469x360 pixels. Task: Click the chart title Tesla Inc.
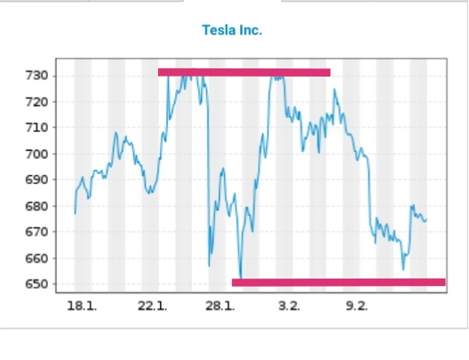click(232, 30)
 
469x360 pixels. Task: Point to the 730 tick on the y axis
click(37, 76)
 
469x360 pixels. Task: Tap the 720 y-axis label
click(37, 102)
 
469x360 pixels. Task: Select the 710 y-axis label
click(37, 128)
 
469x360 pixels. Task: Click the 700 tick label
click(37, 154)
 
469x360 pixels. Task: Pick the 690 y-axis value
click(37, 180)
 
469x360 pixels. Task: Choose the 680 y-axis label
click(37, 206)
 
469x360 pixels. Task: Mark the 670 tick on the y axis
click(37, 232)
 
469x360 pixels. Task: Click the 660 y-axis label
click(37, 258)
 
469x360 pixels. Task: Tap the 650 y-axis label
click(37, 284)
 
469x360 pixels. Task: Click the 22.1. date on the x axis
click(152, 306)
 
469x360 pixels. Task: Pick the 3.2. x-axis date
click(288, 306)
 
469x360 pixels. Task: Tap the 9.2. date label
click(357, 306)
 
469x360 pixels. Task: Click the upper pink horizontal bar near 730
click(244, 72)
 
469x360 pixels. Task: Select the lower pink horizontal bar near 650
click(339, 283)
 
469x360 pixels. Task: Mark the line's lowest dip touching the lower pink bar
click(240, 278)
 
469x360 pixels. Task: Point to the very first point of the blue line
click(75, 213)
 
